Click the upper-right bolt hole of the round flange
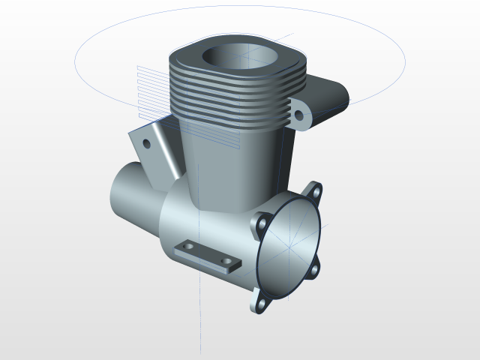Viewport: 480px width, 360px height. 316,191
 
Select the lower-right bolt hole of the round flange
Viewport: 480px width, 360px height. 314,269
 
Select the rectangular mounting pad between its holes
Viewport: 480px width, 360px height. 208,254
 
